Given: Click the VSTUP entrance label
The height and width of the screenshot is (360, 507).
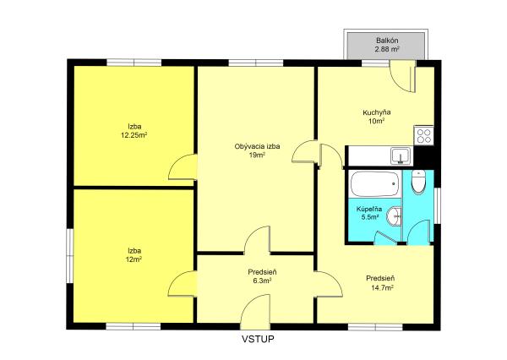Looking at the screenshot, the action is pos(258,339).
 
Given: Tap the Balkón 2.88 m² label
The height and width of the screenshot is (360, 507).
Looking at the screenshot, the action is pos(387,45).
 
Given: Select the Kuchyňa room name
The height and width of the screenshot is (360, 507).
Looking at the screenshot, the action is pos(377,112).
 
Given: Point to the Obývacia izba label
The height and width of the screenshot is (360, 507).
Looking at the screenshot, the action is pos(257,146).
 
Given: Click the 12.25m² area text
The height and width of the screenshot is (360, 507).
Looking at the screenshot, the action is pos(134,135).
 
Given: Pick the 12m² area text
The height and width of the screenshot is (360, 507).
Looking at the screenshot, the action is pos(134,259).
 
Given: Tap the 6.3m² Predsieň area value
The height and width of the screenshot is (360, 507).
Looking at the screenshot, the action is pos(262,281).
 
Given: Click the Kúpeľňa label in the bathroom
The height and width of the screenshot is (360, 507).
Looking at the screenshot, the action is pos(369,209).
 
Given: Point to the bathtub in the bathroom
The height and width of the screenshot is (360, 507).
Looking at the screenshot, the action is pos(374,184).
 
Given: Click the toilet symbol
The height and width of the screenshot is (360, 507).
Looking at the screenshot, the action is pos(418,183).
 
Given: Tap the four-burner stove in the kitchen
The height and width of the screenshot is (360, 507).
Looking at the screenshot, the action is pos(423,135).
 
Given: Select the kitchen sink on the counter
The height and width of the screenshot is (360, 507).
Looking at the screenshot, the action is pos(401,155).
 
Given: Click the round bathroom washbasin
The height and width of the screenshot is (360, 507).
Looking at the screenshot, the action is pos(394,216).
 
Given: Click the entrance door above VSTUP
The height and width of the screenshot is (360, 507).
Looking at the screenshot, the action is pos(255,308).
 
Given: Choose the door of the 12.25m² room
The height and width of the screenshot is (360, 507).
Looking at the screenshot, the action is pos(183,166).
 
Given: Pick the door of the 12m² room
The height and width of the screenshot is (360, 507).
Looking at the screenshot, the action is pos(183,283).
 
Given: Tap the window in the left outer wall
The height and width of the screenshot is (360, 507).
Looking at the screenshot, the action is pos(70,255).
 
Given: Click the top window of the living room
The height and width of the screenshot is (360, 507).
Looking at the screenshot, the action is pos(256,63).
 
